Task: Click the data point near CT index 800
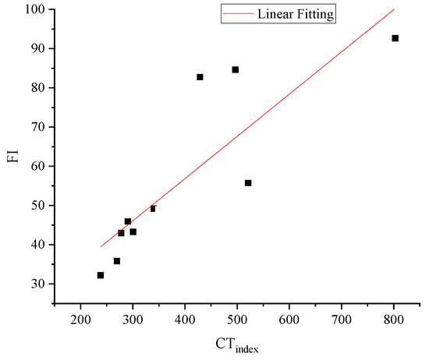click(x=395, y=38)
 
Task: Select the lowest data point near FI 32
click(x=101, y=275)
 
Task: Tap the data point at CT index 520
click(x=248, y=183)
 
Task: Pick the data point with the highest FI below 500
click(x=236, y=69)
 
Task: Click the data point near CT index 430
click(x=200, y=77)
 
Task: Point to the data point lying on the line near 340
click(x=153, y=208)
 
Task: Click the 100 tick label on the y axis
click(x=34, y=9)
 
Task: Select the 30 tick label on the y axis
click(x=37, y=284)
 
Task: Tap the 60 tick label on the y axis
click(x=37, y=166)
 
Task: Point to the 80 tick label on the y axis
click(x=37, y=88)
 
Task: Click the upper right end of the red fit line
click(x=394, y=9)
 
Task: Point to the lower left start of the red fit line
click(x=101, y=246)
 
